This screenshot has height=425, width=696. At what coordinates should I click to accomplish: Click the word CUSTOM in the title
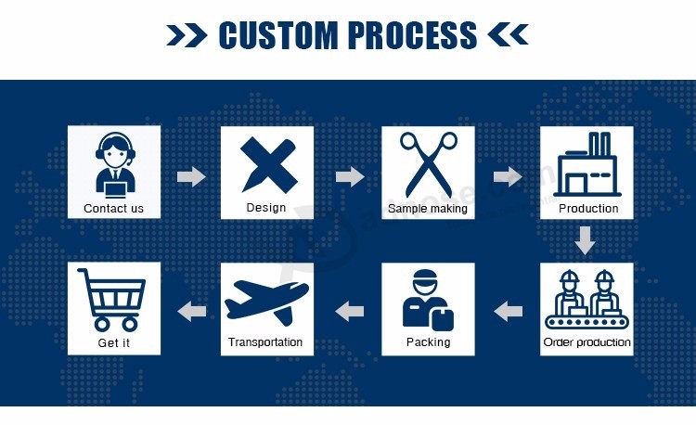[x=278, y=35]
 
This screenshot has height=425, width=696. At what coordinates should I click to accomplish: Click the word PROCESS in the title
[x=412, y=35]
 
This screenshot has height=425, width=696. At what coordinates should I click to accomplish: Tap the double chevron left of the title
[x=187, y=35]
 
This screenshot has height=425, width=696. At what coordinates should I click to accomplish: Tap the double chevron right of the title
[x=509, y=35]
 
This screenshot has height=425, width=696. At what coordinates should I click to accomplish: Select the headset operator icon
[x=115, y=165]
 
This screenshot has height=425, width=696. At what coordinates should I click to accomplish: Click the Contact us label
[x=113, y=209]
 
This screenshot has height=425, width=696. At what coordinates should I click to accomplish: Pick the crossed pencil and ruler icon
[x=269, y=164]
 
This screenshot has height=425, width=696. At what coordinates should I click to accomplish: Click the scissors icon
[x=429, y=164]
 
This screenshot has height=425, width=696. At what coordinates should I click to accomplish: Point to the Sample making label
[x=428, y=209]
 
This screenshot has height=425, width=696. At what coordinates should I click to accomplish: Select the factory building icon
[x=586, y=164]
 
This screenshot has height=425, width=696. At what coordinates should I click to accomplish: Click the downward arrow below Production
[x=586, y=240]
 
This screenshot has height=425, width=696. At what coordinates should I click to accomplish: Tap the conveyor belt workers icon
[x=586, y=299]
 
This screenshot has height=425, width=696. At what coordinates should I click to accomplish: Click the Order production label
[x=586, y=342]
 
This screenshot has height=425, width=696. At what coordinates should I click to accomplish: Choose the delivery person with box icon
[x=428, y=301]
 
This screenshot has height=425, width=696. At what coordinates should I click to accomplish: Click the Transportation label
[x=265, y=342]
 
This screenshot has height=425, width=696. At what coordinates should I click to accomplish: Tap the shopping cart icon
[x=111, y=300]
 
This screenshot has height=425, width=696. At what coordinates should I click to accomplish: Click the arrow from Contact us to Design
[x=191, y=176]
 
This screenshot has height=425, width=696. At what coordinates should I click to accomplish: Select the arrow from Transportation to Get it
[x=192, y=311]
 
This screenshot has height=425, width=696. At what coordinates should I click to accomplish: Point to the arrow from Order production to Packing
[x=509, y=311]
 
